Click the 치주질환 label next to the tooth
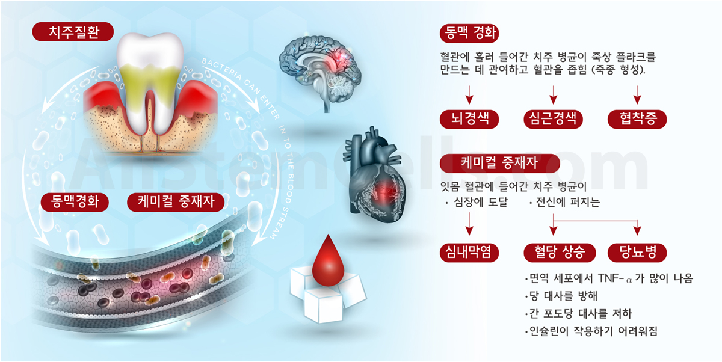(73, 31)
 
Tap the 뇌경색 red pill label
(469, 119)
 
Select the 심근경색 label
(553, 119)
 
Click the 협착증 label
(637, 119)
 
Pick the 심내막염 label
(469, 253)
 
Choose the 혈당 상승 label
(560, 253)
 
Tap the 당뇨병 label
(637, 253)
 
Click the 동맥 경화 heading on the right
(469, 33)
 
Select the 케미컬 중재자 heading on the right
(499, 164)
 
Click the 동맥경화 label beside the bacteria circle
(75, 202)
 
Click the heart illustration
(374, 176)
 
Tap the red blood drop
(328, 261)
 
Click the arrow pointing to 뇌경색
(469, 94)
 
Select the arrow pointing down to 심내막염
(469, 224)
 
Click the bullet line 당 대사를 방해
(561, 296)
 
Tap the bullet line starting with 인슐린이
(591, 331)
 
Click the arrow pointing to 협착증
(637, 94)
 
